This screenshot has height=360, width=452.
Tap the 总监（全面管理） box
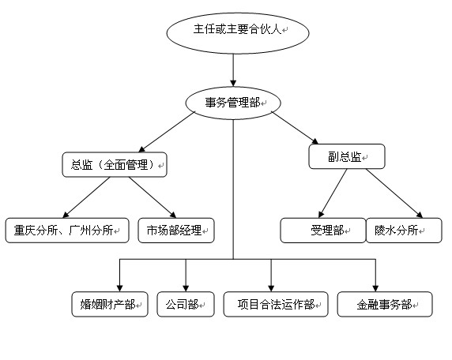coord(115,165)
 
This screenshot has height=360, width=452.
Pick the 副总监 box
coord(347,156)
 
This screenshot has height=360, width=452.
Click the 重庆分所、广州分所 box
coord(67,231)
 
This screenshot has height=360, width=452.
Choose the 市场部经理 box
coord(176,231)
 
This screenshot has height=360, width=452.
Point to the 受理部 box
coord(323,231)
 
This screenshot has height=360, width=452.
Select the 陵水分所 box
coord(404,231)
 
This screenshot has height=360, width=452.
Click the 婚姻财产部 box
coord(110,305)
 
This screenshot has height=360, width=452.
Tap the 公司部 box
coord(186,305)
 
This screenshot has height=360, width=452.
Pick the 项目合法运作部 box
coord(276,305)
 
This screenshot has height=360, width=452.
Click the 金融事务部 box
coord(385,305)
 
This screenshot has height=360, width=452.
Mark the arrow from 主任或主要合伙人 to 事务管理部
coord(233,70)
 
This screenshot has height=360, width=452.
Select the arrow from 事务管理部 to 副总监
coord(295,128)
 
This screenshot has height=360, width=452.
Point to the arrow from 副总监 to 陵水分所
coord(394,193)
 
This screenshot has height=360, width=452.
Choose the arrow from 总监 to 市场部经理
coord(153,197)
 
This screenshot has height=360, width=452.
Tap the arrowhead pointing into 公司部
coord(186,288)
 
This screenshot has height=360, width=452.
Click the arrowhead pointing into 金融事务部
coord(375,288)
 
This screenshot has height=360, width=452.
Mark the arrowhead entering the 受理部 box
coord(321,215)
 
